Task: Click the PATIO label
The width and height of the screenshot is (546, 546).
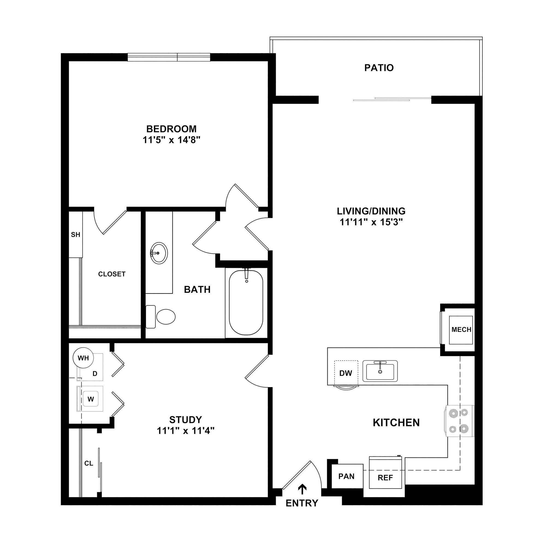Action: [379, 68]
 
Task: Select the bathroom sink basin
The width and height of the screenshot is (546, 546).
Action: [159, 253]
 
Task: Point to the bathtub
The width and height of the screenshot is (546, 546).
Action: [246, 302]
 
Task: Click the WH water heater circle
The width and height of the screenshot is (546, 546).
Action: [83, 358]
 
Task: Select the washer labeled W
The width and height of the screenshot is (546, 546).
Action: [90, 399]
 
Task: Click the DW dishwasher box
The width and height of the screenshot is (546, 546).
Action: [346, 373]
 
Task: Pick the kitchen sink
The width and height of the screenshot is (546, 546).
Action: [380, 370]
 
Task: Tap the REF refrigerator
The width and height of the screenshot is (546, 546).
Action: [385, 477]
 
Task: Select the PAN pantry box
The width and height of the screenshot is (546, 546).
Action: [346, 476]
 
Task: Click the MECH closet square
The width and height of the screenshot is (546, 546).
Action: [461, 330]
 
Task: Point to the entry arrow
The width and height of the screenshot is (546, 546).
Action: [302, 489]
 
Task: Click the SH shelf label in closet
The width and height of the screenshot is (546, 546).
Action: [75, 235]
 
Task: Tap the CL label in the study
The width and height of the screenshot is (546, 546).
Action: [89, 463]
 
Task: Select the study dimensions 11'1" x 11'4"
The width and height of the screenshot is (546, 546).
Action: [186, 431]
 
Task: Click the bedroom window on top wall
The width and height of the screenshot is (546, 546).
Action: [169, 57]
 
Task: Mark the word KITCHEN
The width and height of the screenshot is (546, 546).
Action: [396, 423]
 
